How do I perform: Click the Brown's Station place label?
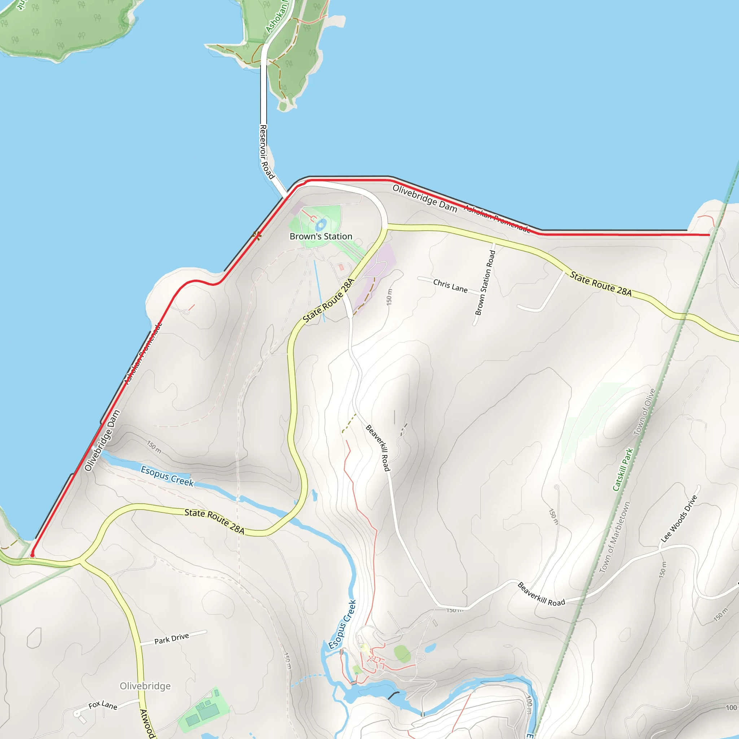pos(320,236)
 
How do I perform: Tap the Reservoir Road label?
pos(266,152)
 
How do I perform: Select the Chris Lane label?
pos(450,286)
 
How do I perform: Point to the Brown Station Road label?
pos(485,283)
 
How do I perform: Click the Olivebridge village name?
pos(145,686)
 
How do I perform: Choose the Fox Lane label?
pos(102,705)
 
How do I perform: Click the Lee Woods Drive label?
pos(679,519)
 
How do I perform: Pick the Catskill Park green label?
pos(623,470)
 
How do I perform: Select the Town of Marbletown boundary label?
pos(614,537)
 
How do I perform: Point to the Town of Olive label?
pos(644,412)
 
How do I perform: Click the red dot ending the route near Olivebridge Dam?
pos(32,555)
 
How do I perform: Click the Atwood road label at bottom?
pos(147,723)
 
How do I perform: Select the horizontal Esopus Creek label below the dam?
pos(167,476)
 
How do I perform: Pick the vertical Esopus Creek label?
pos(342,624)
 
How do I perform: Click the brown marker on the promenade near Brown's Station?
pos(257,236)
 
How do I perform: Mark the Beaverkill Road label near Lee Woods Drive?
pos(541,594)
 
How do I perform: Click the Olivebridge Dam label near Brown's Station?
pos(425,198)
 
